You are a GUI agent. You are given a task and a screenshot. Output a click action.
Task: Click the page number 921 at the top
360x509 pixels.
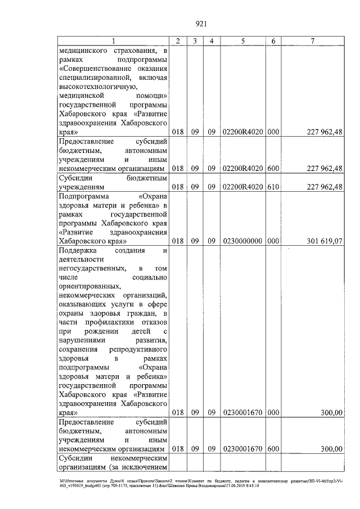pos(202,24)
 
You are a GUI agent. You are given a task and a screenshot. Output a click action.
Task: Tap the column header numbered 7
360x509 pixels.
pos(312,41)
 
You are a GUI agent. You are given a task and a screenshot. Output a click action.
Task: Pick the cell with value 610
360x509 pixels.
pos(273,187)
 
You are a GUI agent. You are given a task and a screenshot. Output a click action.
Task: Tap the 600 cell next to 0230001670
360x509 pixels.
pos(273,449)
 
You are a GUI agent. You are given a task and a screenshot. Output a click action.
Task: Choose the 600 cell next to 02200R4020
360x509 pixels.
pos(273,168)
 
